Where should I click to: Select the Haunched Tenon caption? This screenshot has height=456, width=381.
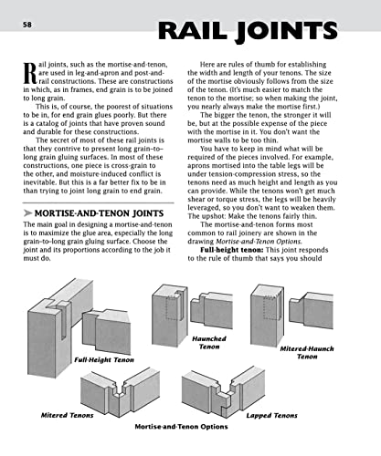coord(209,342)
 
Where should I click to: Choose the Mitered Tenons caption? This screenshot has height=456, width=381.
coord(68,414)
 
